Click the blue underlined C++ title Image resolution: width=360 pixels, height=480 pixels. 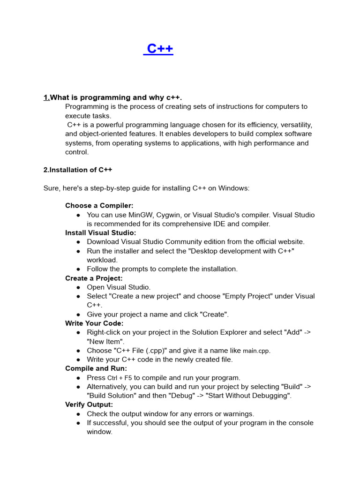point(158,49)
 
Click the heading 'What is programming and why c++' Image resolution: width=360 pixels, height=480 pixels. point(115,97)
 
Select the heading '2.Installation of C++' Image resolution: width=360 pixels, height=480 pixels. point(77,170)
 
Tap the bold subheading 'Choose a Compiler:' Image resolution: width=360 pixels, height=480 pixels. point(99,206)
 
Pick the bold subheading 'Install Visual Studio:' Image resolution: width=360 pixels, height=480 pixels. point(100,233)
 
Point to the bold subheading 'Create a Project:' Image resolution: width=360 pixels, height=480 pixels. point(94,278)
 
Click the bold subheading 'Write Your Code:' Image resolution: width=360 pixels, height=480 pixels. point(94,323)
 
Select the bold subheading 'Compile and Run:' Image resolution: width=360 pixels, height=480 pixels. point(96,368)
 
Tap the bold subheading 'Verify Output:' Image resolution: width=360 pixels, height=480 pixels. point(89,405)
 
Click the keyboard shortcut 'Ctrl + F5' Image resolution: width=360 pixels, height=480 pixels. point(120,378)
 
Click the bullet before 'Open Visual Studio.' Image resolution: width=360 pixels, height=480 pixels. point(78,287)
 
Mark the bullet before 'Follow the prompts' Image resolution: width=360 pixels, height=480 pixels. point(78,270)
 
